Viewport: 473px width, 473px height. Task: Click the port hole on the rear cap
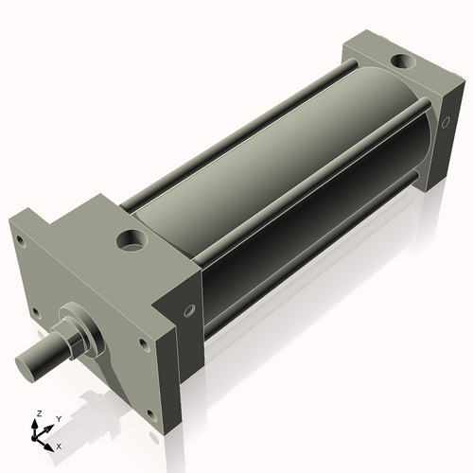click(404, 61)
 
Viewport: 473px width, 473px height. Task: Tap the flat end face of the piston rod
click(26, 368)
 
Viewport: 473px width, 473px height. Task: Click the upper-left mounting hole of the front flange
click(20, 240)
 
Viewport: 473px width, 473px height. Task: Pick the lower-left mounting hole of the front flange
click(36, 313)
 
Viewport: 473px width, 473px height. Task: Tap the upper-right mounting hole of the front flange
click(144, 344)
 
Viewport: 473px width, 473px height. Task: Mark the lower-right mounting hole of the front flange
click(151, 415)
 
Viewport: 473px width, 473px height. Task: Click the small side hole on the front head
click(189, 310)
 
